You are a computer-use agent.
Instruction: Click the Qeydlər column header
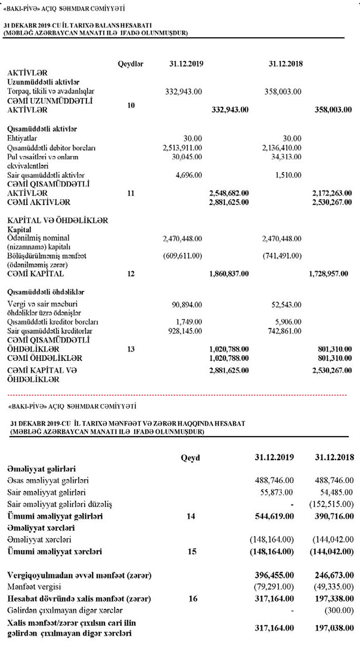130,64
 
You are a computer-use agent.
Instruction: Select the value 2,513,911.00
182,148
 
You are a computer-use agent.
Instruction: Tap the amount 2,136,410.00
281,148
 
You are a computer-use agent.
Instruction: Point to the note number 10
130,105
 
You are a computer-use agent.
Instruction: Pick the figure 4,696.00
189,175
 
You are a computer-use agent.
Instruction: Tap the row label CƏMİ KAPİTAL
36,274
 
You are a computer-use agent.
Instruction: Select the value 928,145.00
185,331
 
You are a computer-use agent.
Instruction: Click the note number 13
130,349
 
